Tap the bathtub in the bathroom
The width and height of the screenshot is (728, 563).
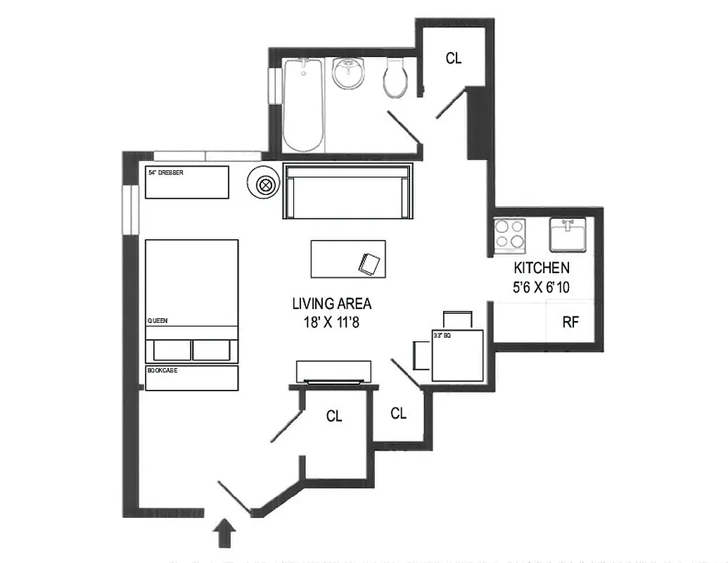(303, 106)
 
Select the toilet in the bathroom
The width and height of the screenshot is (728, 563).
(396, 78)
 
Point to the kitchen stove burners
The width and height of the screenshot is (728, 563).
(510, 235)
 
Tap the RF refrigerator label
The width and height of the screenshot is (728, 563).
(570, 323)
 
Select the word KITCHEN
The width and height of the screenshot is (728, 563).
(542, 268)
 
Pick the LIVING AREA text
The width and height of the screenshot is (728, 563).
(332, 304)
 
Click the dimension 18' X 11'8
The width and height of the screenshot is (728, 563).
(332, 322)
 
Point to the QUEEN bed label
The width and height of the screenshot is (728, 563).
(157, 320)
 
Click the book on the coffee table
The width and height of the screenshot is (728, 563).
(370, 264)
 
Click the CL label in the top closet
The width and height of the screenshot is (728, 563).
(454, 58)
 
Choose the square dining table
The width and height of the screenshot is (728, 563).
(458, 355)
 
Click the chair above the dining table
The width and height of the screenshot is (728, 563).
(457, 319)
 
